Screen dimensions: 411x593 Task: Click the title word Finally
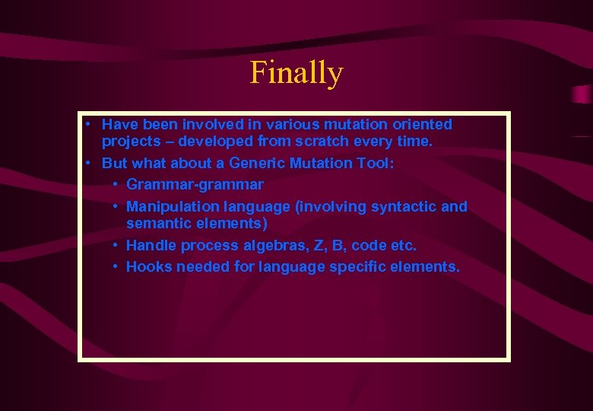296,73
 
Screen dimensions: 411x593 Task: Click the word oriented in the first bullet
421,124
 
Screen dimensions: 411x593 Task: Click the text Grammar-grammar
195,185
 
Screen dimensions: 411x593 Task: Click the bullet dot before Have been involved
90,123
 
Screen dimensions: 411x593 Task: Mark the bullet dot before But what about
90,162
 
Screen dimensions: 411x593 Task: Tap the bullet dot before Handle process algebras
114,244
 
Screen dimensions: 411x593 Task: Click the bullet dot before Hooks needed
114,266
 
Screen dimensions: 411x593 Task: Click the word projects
130,142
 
